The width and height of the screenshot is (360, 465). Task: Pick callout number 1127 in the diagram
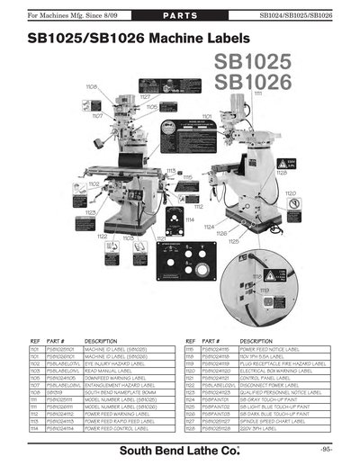point(144,95)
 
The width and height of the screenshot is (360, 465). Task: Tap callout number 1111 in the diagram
point(257,93)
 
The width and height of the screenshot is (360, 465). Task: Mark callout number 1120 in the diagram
point(291,192)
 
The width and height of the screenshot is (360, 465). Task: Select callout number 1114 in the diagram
point(190,219)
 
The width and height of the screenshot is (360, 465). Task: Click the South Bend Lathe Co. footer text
point(180,448)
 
